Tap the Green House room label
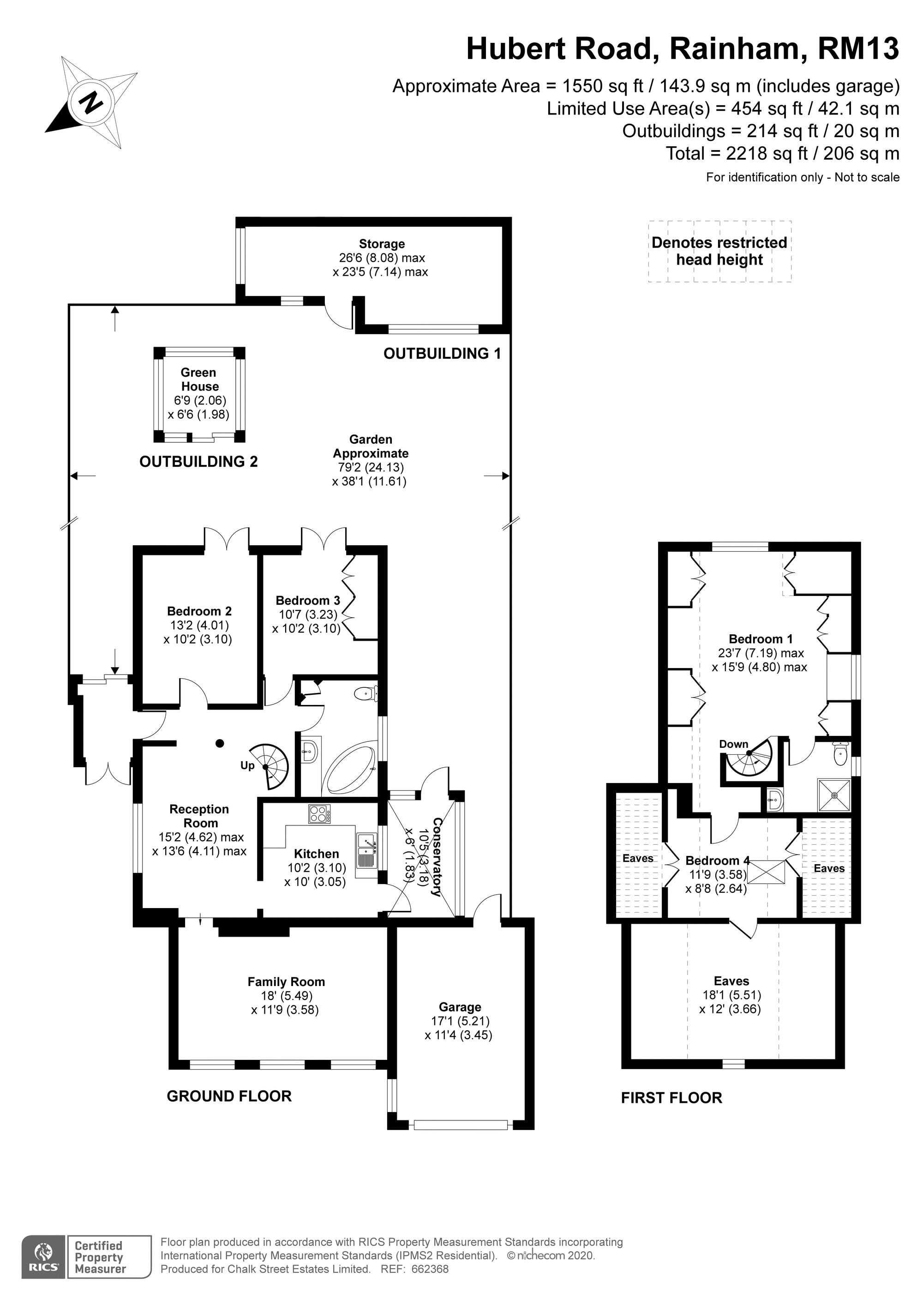(x=198, y=379)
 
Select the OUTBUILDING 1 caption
(x=442, y=353)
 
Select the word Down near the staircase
(x=733, y=744)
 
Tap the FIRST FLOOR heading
(x=671, y=1098)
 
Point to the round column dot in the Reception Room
(x=220, y=743)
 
